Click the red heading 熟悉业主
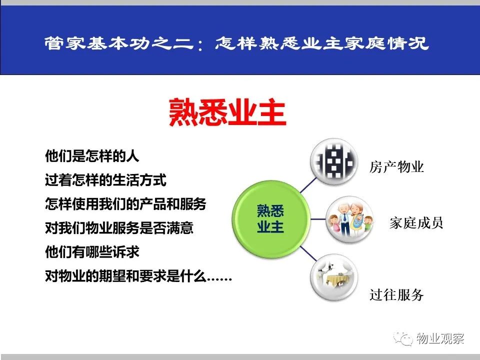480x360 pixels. coord(227,112)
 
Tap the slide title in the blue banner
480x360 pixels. coord(236,43)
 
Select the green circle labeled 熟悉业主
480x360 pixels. coord(271,219)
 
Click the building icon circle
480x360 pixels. coord(334,161)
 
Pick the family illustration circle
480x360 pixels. coord(349,219)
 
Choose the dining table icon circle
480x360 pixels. coord(334,277)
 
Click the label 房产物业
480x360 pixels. coord(396,167)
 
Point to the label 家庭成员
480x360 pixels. coord(416,223)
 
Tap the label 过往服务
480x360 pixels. coord(396,295)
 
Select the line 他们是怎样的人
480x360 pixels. coord(92,155)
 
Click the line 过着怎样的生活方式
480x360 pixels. coord(105,179)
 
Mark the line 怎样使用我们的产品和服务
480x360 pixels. coord(125,204)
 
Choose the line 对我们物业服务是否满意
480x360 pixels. coord(119,228)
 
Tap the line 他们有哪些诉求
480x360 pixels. coord(92,252)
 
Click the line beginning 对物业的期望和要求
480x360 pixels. coord(138,276)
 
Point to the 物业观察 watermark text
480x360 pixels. coord(440,338)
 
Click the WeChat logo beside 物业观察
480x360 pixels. coord(403,338)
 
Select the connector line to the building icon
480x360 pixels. coord(308,185)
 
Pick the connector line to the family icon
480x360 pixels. coord(318,219)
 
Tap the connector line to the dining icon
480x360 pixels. coord(308,253)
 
